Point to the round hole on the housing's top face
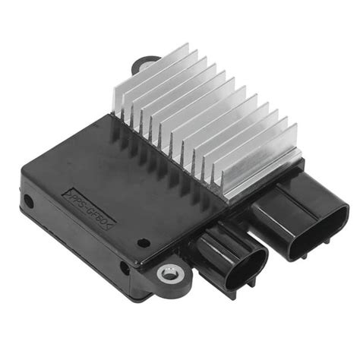[144, 243]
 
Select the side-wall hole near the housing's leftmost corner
[28, 202]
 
